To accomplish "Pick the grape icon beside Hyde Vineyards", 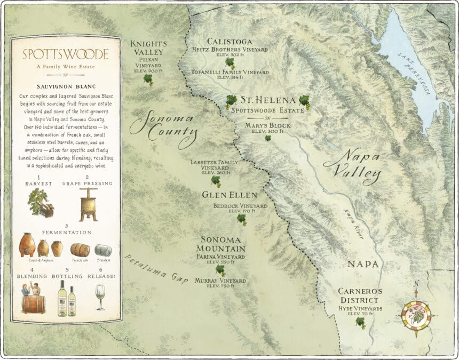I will pyautogui.click(x=361, y=322).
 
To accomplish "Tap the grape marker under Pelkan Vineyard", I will pyautogui.click(x=148, y=79).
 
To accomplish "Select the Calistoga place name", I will pyautogui.click(x=229, y=42).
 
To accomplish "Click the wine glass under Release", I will pyautogui.click(x=100, y=297).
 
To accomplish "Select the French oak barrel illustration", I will pyautogui.click(x=80, y=250).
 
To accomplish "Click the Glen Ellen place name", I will pyautogui.click(x=230, y=195).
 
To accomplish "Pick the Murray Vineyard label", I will pyautogui.click(x=220, y=281).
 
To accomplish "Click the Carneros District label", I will pyautogui.click(x=360, y=295).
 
